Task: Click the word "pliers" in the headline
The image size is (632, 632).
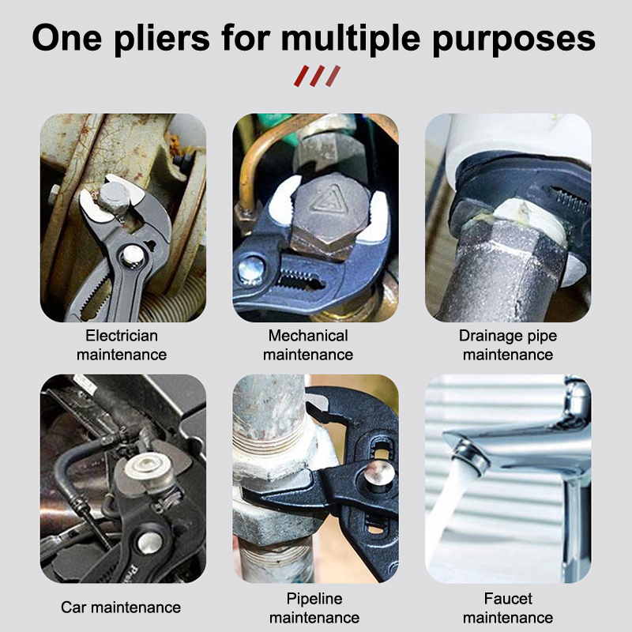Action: [x=162, y=39]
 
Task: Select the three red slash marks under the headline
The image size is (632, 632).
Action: [x=318, y=76]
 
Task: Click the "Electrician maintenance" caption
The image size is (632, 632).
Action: [x=122, y=345]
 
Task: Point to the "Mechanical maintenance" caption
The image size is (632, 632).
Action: [x=308, y=345]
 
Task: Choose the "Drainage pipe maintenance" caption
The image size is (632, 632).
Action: [x=508, y=345]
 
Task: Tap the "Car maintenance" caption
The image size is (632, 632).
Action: [x=121, y=608]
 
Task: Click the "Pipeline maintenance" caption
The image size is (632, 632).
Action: [x=314, y=608]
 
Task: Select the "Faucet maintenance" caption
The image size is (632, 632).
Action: [x=508, y=608]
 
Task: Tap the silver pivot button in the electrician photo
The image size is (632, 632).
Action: [x=133, y=256]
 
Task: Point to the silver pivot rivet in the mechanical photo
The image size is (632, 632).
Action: [x=250, y=269]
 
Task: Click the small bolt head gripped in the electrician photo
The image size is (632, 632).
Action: [x=114, y=197]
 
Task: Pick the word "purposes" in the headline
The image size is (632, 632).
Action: [x=514, y=39]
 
